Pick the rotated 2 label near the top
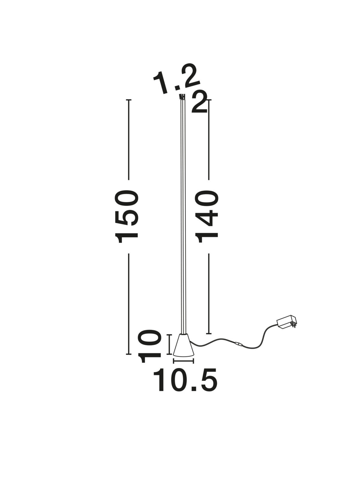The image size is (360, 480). click(x=199, y=103)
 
